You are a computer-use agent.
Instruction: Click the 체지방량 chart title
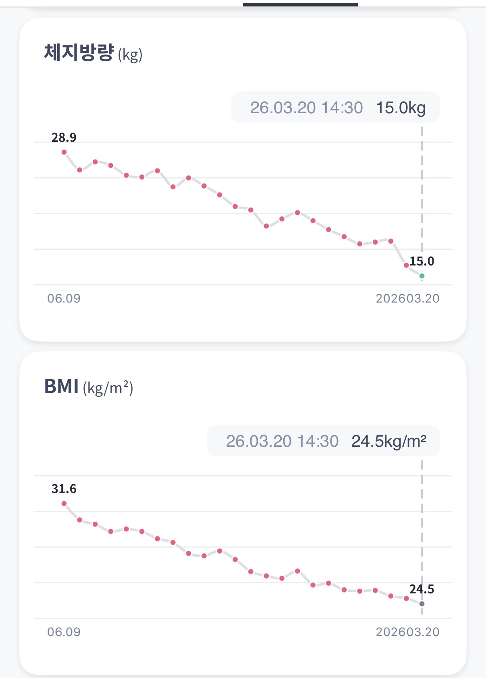click(x=79, y=53)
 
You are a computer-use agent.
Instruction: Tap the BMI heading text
click(x=61, y=386)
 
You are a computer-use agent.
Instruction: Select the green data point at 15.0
click(x=422, y=276)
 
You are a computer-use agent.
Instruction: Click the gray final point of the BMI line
click(x=422, y=604)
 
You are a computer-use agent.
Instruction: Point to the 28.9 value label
click(x=64, y=138)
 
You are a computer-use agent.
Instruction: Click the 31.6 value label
click(x=64, y=489)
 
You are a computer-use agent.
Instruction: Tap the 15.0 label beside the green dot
click(x=422, y=261)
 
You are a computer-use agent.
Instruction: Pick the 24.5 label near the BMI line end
click(x=422, y=589)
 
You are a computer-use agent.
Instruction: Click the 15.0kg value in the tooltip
click(x=401, y=108)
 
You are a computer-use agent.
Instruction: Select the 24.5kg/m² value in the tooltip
click(x=388, y=441)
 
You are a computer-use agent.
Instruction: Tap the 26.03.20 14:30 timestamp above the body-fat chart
click(x=306, y=108)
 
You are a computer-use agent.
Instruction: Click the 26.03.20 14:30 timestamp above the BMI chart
click(x=282, y=441)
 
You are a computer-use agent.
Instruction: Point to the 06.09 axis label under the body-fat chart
click(x=64, y=299)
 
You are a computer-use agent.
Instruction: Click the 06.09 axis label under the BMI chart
click(x=64, y=632)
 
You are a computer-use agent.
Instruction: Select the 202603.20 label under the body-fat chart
click(x=407, y=299)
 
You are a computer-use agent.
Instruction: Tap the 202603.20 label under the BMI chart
click(x=407, y=632)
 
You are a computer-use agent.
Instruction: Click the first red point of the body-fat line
click(x=64, y=152)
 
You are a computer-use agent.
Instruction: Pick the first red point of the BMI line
click(x=64, y=504)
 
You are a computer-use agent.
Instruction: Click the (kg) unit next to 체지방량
click(x=130, y=55)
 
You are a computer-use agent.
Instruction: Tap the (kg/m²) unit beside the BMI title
click(x=108, y=388)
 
